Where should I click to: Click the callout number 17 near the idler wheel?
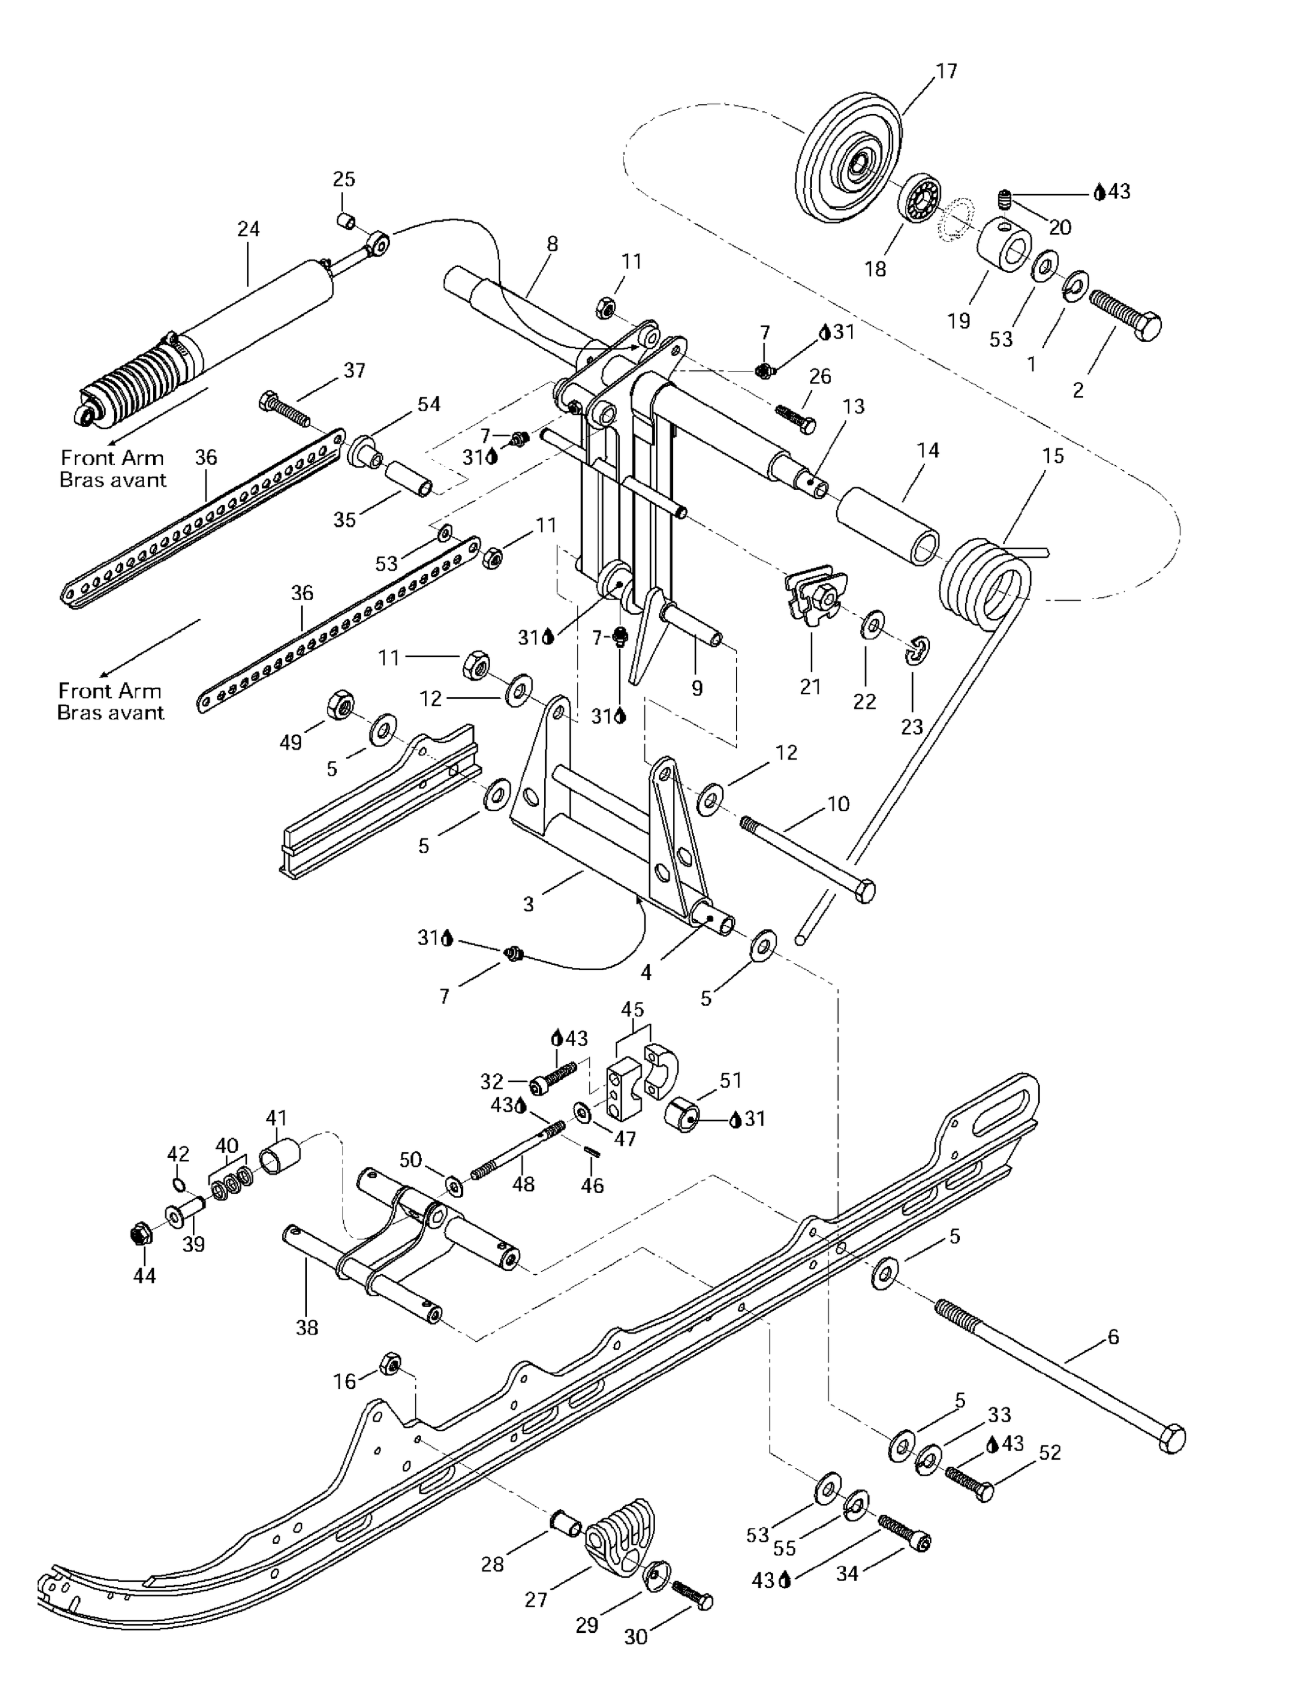coord(946,71)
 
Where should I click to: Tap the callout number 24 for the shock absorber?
coord(248,229)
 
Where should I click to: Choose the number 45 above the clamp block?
coord(632,1009)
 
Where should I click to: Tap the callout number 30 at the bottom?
coord(636,1637)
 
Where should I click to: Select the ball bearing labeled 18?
coord(921,196)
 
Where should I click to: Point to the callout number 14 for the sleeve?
coord(928,450)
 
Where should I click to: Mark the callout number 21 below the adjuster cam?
coord(811,686)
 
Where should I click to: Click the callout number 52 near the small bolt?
coord(1050,1452)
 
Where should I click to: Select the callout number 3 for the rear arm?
coord(529,904)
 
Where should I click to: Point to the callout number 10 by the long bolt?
coord(838,804)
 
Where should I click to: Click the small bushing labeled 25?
coord(345,221)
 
